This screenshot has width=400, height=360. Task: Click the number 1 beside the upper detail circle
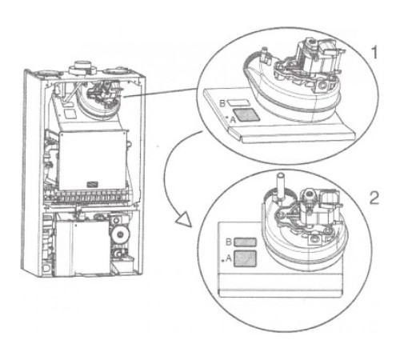coord(374,52)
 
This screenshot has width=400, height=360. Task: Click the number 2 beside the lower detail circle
coord(374,198)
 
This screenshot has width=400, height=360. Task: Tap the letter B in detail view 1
coord(222,103)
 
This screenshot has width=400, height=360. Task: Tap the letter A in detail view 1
coord(233,120)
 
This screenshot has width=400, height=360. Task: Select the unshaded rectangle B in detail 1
coord(238,102)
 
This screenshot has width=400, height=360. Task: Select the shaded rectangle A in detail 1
coord(246,115)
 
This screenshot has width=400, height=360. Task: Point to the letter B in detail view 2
coord(229,242)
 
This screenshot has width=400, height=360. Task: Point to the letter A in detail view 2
coord(229,258)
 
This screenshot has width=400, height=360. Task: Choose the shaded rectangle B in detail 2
coord(245,242)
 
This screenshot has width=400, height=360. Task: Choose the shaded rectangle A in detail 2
coord(245,258)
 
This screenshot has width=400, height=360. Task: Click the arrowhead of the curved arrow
coord(184,219)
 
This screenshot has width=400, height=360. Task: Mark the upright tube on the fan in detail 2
coord(280,186)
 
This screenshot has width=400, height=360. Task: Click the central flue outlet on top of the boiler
coord(82,67)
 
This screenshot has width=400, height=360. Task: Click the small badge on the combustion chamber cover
coord(93,184)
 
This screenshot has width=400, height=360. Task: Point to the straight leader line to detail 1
coord(160,93)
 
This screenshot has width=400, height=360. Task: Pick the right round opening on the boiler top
coord(114,72)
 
